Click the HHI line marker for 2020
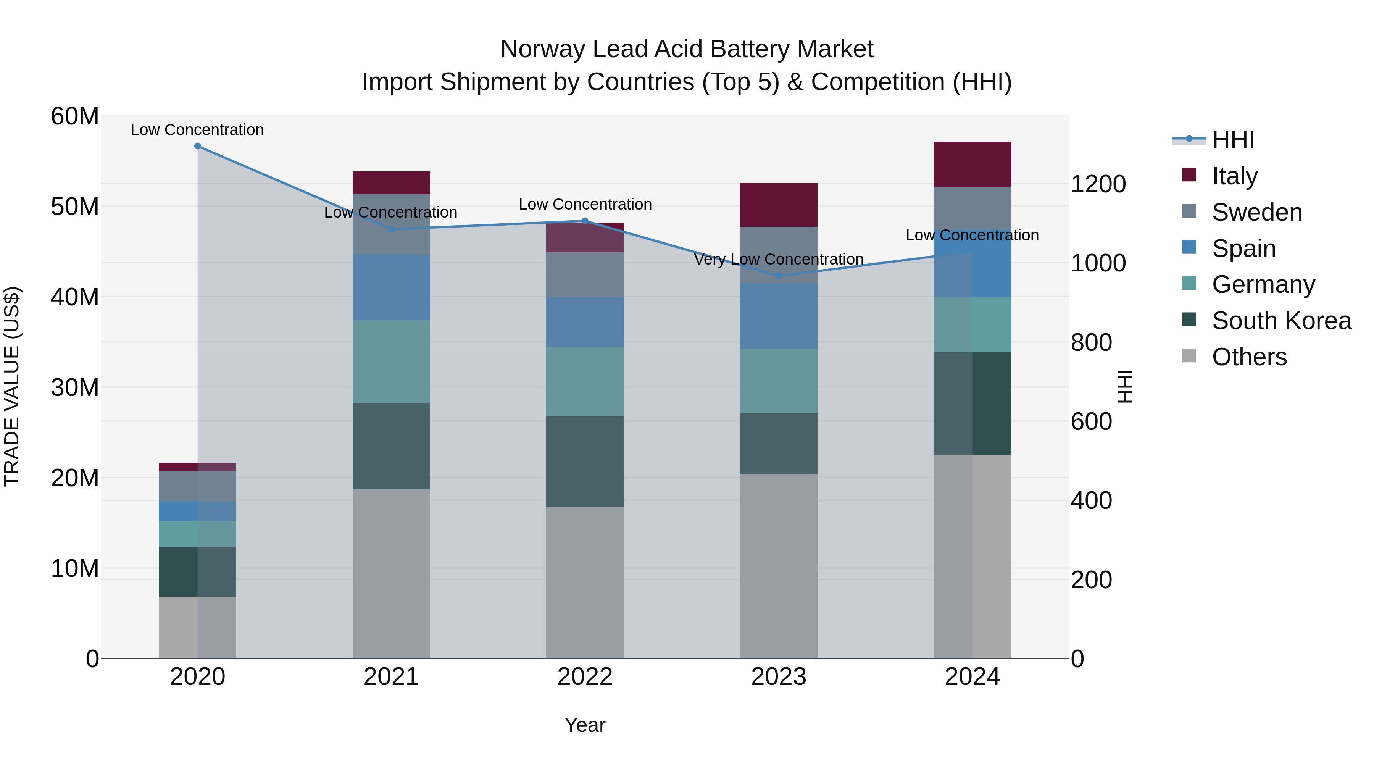coord(197,146)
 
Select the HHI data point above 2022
coord(585,221)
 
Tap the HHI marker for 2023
coord(778,276)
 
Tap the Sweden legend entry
coord(1257,212)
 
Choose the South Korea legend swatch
coord(1189,320)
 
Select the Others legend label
coord(1249,357)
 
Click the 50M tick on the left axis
coord(75,207)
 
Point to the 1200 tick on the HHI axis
coord(1098,184)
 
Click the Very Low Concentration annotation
coord(778,259)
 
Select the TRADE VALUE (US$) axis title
coord(12,386)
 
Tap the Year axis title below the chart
coord(585,725)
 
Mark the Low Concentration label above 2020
coord(197,130)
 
